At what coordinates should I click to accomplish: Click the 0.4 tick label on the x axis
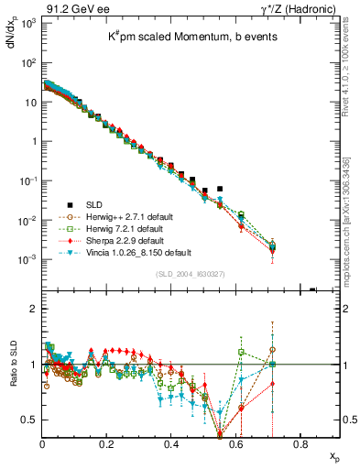click(171, 444)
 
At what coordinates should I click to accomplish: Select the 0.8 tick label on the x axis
click(300, 444)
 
